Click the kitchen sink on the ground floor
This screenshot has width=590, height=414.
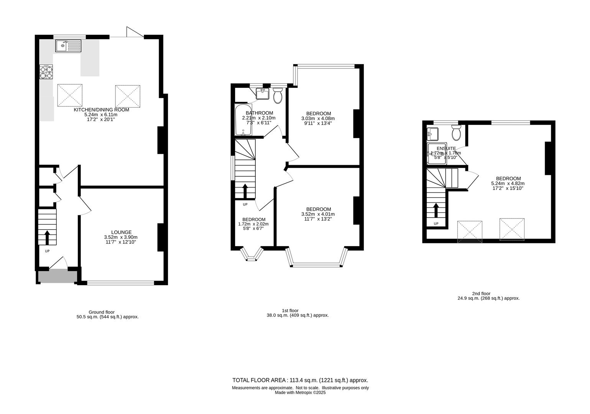pos(68,46)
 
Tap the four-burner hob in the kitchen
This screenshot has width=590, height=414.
pos(46,72)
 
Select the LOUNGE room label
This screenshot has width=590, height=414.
pos(121,232)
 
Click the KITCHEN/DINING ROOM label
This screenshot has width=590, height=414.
pos(101,110)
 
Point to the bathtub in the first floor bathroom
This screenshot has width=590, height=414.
pos(243,120)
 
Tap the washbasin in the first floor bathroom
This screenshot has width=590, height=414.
pos(263,94)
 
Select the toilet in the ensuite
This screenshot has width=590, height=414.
pos(456,133)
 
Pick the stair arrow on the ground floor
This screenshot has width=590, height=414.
pos(48,237)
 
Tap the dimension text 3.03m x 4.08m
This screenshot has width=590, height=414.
pos(318,118)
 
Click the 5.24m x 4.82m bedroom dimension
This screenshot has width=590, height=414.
pos(508,183)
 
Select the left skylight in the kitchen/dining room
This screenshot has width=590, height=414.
pos(70,95)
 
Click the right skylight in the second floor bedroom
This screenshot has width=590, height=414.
pos(511,230)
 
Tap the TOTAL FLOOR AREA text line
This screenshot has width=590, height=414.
pos(300,380)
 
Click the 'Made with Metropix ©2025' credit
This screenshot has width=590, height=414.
pos(300,393)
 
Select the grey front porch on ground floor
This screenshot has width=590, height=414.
pos(58,276)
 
